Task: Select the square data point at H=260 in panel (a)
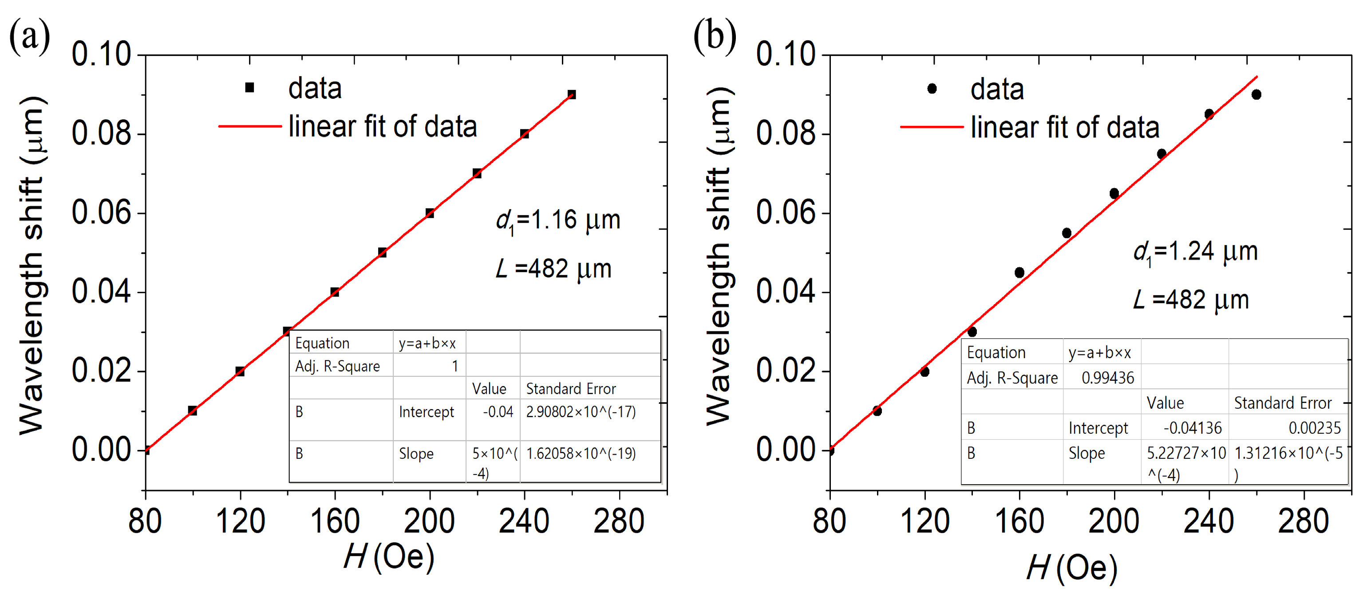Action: click(572, 94)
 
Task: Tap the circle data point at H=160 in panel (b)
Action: click(1019, 273)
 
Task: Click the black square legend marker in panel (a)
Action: click(249, 87)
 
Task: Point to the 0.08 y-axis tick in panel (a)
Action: click(101, 133)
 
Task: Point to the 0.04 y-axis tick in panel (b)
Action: click(786, 292)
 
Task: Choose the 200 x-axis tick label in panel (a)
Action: click(429, 521)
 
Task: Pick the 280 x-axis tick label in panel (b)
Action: click(1304, 521)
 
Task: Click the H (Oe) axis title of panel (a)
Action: click(389, 557)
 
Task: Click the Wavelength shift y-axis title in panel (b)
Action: click(719, 254)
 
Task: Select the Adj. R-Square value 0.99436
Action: click(1107, 378)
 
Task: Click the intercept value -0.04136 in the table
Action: click(1192, 427)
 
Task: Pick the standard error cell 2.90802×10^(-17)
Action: click(581, 411)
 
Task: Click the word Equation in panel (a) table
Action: click(322, 343)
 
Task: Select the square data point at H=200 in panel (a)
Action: click(430, 213)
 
